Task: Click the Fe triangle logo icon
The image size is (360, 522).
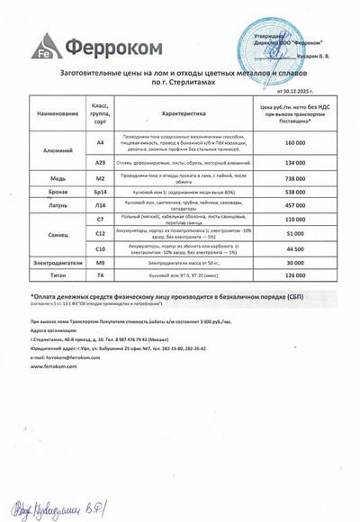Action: click(x=43, y=46)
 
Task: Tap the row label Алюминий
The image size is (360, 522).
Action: click(x=58, y=150)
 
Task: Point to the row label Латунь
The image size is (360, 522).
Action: click(x=58, y=206)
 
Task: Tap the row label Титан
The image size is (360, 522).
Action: click(x=58, y=274)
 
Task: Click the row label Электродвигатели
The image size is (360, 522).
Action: click(x=58, y=263)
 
